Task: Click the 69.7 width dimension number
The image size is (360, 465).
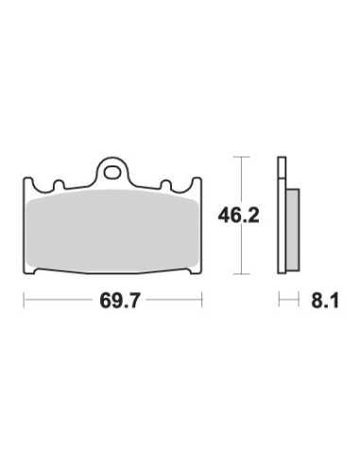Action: [x=119, y=301]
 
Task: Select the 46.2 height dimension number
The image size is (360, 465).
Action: [x=239, y=215]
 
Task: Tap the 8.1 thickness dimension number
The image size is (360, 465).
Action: [x=325, y=301]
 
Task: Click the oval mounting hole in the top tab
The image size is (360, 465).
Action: [x=112, y=172]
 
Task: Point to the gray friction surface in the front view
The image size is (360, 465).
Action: [x=112, y=232]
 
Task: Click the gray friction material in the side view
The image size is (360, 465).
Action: [x=293, y=230]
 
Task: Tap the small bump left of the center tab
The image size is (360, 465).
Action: [x=59, y=184]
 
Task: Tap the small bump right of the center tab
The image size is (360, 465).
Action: [x=166, y=184]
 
